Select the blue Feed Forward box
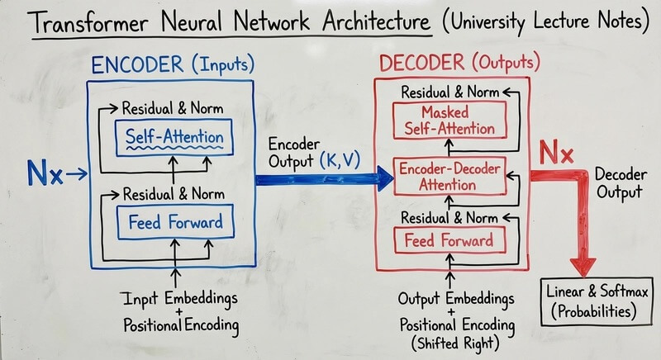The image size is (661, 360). (x=174, y=220)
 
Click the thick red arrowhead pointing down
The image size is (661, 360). (x=583, y=266)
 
